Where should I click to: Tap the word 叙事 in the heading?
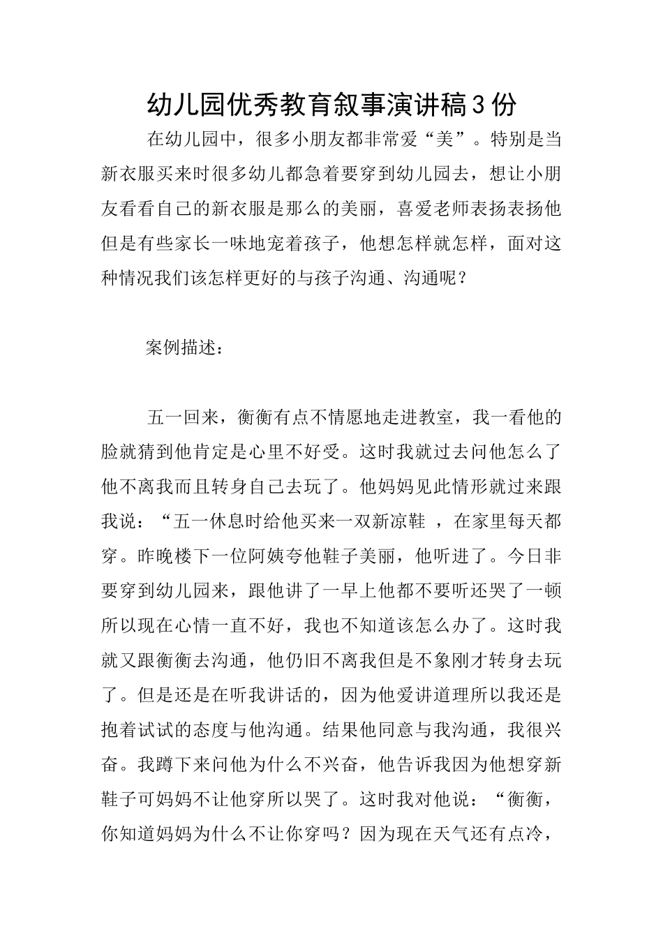click(359, 104)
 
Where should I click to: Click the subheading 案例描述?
click(185, 348)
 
